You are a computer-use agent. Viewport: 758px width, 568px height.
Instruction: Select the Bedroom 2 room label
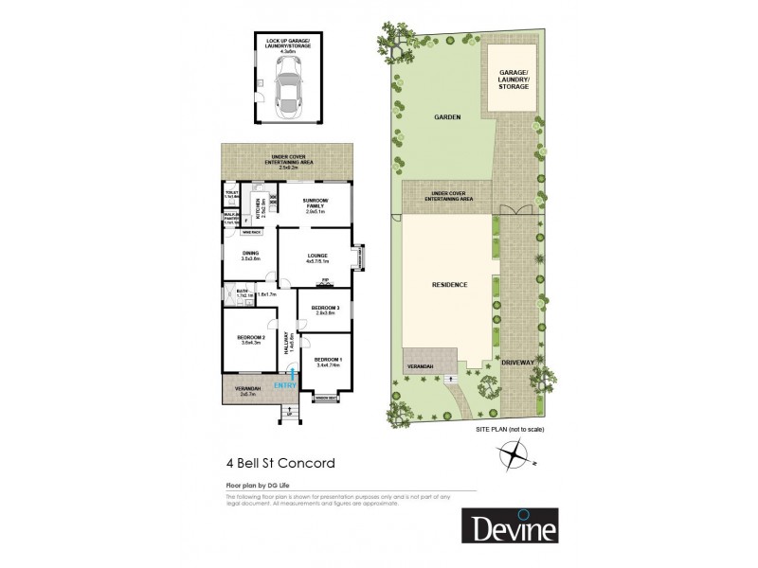[250, 338]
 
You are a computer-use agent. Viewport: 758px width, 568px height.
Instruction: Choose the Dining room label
[250, 254]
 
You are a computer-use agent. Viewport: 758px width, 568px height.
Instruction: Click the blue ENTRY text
[284, 385]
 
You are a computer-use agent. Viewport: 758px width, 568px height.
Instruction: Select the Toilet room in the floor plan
[230, 195]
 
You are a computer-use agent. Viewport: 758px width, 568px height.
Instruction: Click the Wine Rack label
[251, 231]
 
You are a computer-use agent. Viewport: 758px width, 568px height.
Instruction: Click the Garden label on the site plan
[446, 117]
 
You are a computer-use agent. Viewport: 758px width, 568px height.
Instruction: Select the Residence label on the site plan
[451, 284]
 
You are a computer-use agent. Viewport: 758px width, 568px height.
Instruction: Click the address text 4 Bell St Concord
[280, 464]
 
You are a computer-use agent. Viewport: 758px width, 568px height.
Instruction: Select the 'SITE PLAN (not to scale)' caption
[510, 430]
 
